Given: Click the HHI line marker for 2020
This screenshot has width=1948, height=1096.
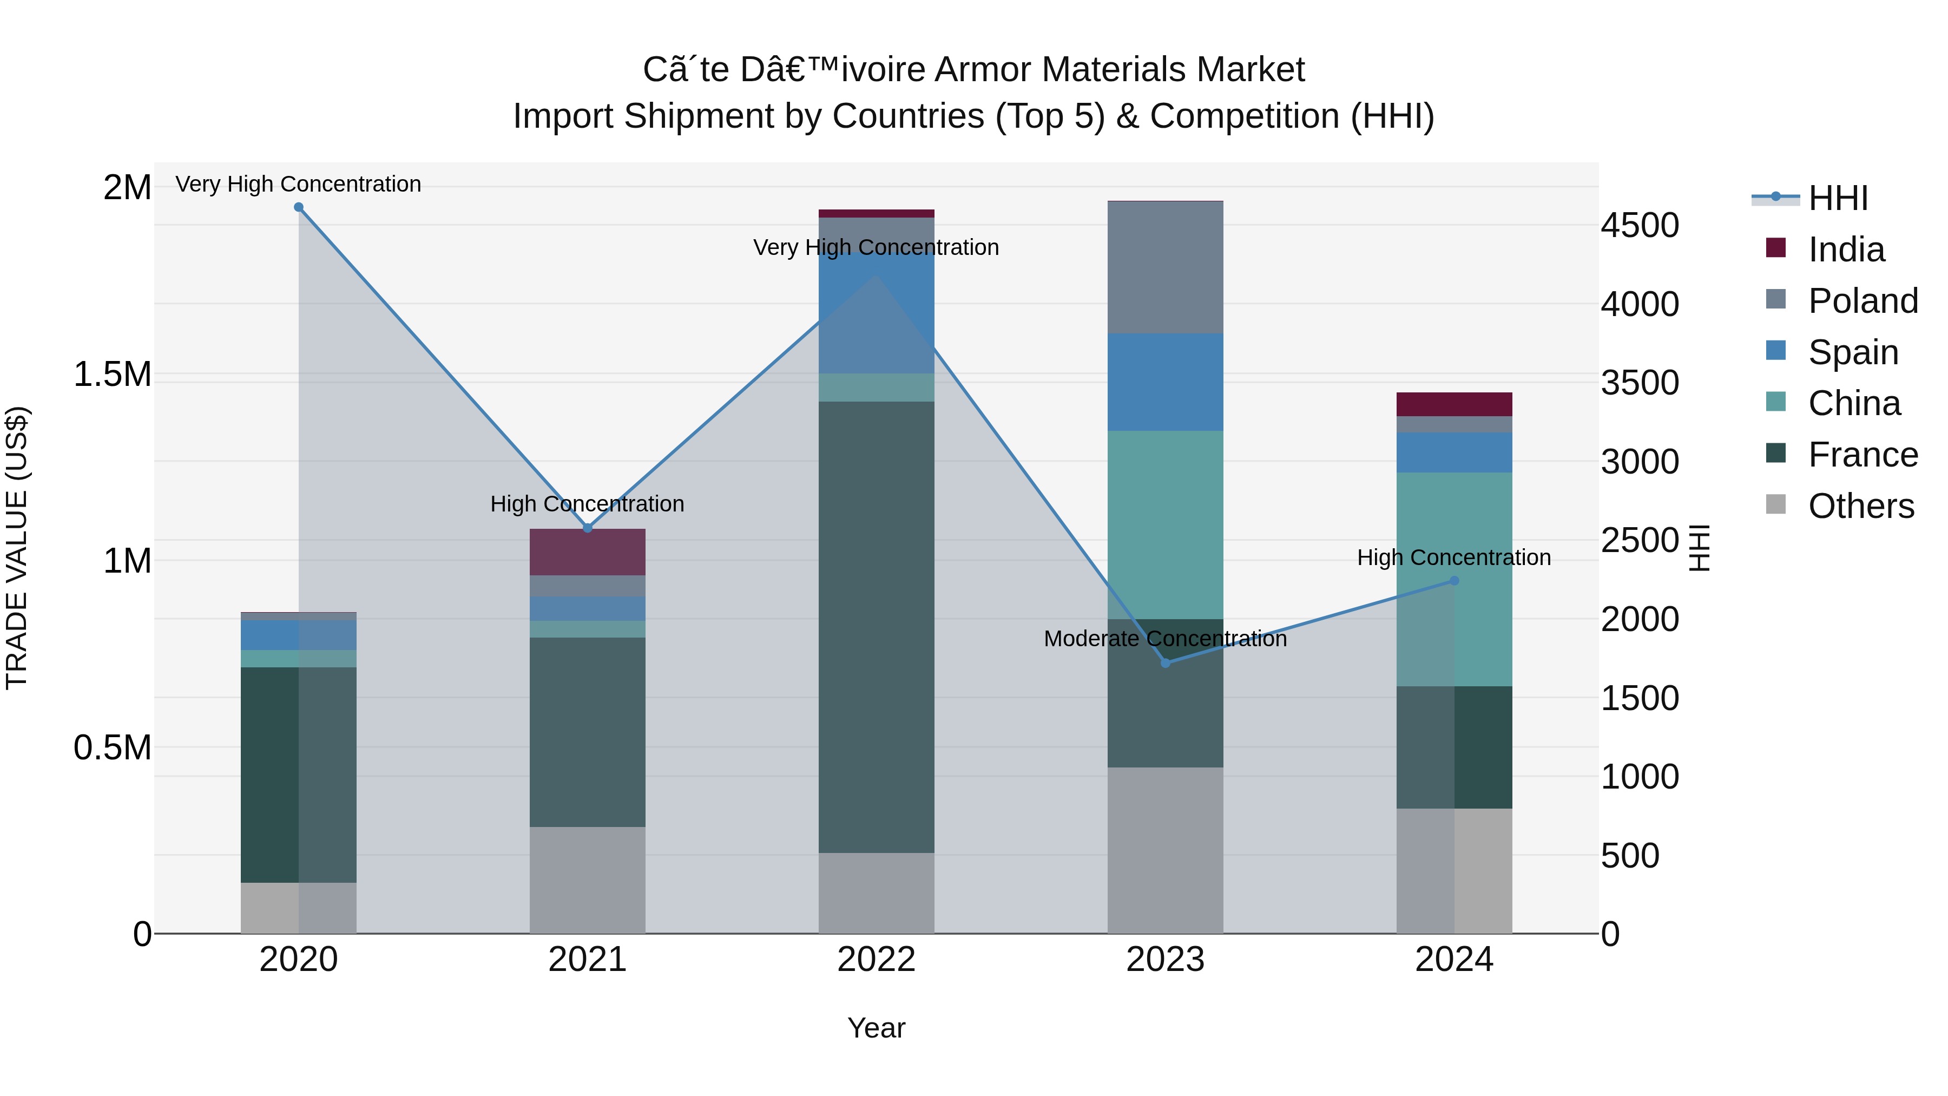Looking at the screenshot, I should click(x=299, y=207).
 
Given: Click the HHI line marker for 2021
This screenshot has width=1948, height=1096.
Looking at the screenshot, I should click(x=588, y=528).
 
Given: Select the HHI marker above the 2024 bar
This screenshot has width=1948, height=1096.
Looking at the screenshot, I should click(x=1454, y=581).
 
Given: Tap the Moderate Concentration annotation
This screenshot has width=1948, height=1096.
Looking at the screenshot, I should click(x=1164, y=639).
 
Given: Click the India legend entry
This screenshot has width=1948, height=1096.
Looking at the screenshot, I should click(x=1845, y=250).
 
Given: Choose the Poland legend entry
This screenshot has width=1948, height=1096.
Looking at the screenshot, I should click(x=1862, y=301).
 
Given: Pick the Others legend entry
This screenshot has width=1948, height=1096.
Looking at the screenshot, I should click(x=1860, y=506).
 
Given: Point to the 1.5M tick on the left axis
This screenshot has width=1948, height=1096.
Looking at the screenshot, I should click(x=112, y=375).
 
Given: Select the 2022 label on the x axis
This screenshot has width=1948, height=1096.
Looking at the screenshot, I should click(x=877, y=960).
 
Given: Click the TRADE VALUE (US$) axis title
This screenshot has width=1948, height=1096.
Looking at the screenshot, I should click(x=17, y=548).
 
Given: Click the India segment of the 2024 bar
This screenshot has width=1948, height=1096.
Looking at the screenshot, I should click(x=1454, y=404).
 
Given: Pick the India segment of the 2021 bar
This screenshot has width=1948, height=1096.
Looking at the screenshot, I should click(x=588, y=552).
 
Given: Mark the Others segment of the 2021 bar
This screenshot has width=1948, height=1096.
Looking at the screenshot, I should click(x=588, y=879).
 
